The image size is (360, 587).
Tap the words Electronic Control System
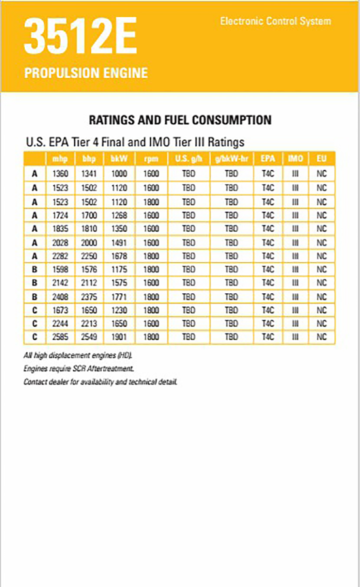[x=275, y=21]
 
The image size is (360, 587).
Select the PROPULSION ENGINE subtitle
[x=86, y=73]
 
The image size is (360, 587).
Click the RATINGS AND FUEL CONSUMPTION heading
[x=180, y=120]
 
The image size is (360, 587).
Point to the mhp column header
[x=60, y=159]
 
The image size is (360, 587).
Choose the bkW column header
[x=119, y=159]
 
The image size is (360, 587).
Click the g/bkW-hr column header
[x=232, y=159]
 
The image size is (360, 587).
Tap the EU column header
[x=321, y=159]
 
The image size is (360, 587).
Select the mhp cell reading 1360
[x=60, y=174]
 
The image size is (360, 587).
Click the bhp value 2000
[x=89, y=243]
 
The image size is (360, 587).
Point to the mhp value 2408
[x=60, y=297]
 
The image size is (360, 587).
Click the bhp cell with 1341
[x=89, y=174]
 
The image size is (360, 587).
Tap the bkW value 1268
[x=119, y=215]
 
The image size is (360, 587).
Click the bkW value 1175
[x=119, y=269]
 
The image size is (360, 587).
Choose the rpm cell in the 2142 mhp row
[x=151, y=283]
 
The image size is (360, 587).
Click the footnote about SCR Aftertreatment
[x=79, y=369]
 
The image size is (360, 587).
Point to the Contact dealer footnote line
[x=101, y=382]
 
